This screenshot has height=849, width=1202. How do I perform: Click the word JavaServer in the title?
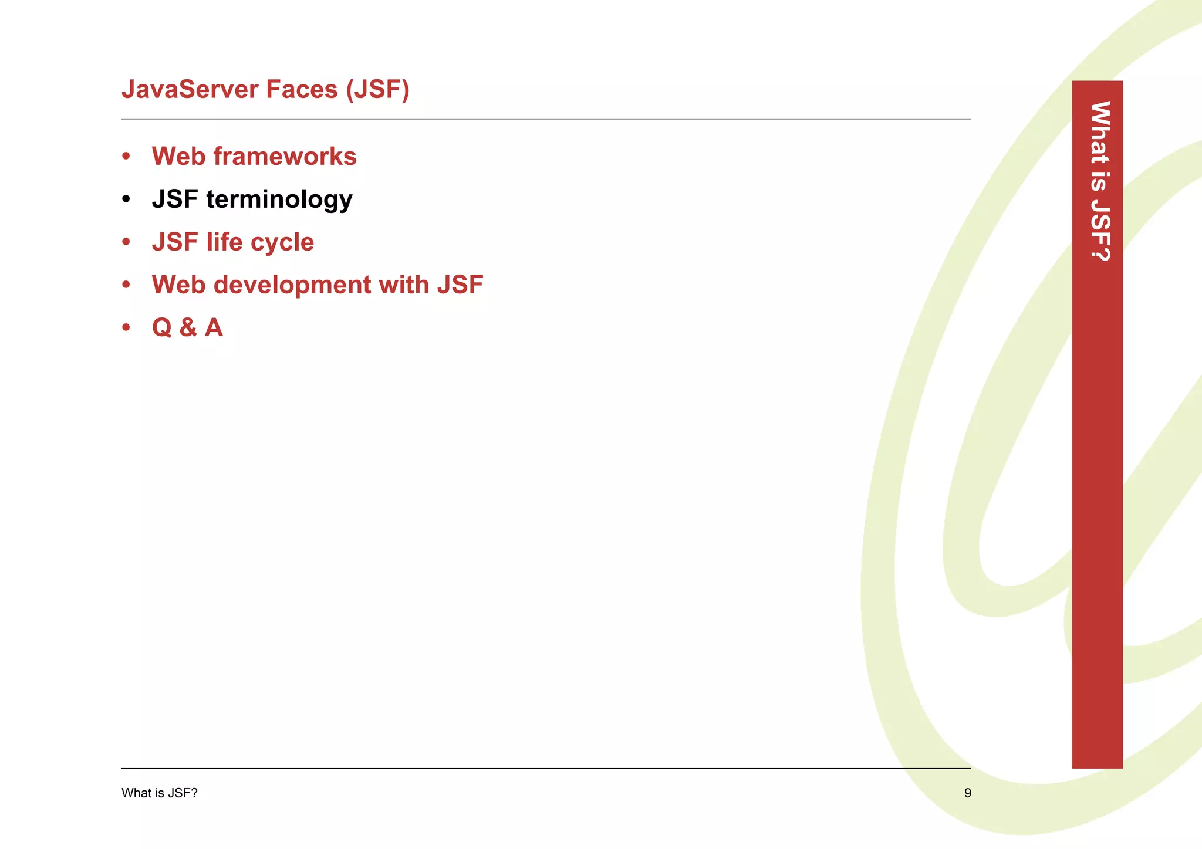tap(190, 90)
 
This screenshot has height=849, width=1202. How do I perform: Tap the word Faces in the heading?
tap(302, 90)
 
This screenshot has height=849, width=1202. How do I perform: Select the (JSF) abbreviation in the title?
tap(377, 90)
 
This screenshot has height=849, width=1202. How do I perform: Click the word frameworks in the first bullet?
tap(285, 157)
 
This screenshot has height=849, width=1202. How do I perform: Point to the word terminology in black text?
tap(279, 199)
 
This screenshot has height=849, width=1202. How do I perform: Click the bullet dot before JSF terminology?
tap(126, 199)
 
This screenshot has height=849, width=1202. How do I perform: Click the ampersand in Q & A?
tap(188, 328)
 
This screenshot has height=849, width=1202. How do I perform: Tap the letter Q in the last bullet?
tap(162, 328)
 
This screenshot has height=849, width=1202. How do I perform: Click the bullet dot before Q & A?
tap(126, 327)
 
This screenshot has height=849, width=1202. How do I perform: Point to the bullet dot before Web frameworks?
tap(126, 157)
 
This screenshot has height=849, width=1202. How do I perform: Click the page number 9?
tap(968, 793)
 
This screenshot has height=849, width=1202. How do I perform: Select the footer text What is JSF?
tap(160, 793)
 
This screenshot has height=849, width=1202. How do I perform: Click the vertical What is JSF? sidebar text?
tap(1099, 181)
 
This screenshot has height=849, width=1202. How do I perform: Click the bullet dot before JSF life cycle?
tap(126, 242)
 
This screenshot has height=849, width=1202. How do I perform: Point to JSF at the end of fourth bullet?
tap(460, 285)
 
